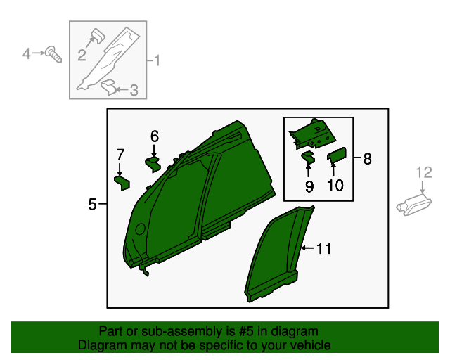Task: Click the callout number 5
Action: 92,204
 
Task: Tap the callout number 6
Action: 155,136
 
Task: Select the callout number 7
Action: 120,155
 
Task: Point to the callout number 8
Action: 367,158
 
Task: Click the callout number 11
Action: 324,249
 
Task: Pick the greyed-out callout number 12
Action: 424,172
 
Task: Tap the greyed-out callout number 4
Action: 27,53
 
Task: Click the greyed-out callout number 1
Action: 156,60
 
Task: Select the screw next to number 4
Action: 53,54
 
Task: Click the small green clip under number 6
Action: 153,164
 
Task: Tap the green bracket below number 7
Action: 122,183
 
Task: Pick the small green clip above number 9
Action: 308,157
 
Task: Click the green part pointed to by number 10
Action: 337,155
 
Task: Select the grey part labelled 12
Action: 414,205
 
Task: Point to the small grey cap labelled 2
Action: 98,36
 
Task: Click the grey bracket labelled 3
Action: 108,87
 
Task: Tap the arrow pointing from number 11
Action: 308,247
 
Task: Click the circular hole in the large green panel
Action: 140,229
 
